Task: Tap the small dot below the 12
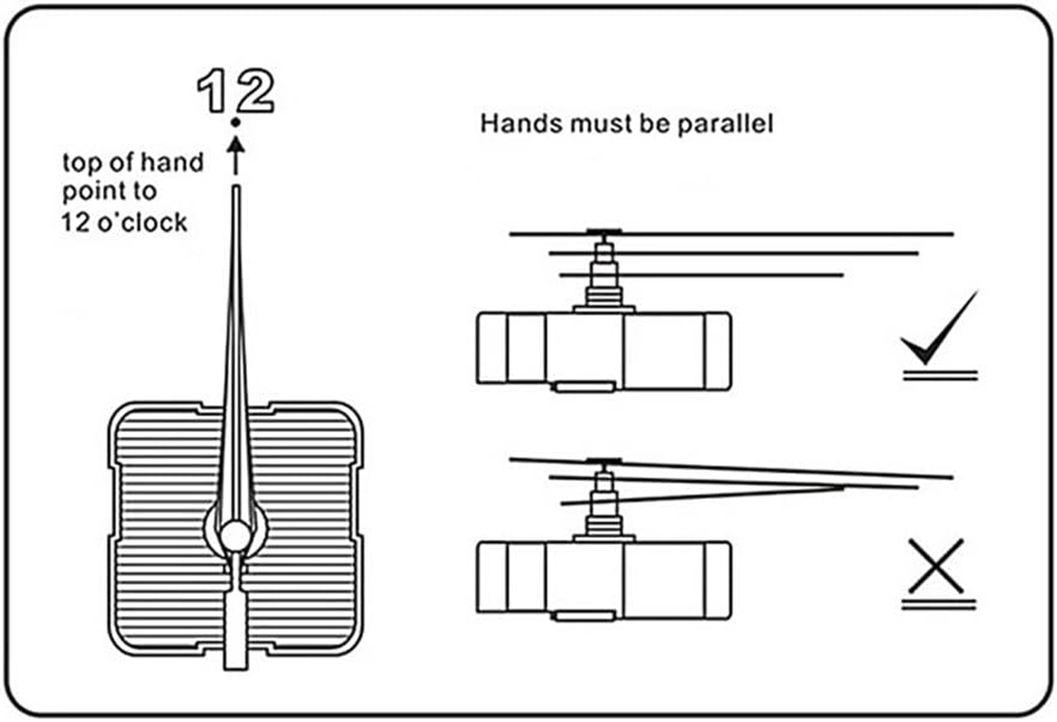235,122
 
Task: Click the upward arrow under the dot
235,154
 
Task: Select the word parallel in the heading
725,125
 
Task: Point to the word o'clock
142,222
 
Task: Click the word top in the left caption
82,163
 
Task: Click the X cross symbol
936,566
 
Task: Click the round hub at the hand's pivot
235,536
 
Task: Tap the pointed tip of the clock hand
235,189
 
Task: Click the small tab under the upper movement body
584,386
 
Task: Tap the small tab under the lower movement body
584,616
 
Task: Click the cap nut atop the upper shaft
603,233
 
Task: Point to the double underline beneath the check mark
940,375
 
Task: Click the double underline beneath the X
939,605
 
